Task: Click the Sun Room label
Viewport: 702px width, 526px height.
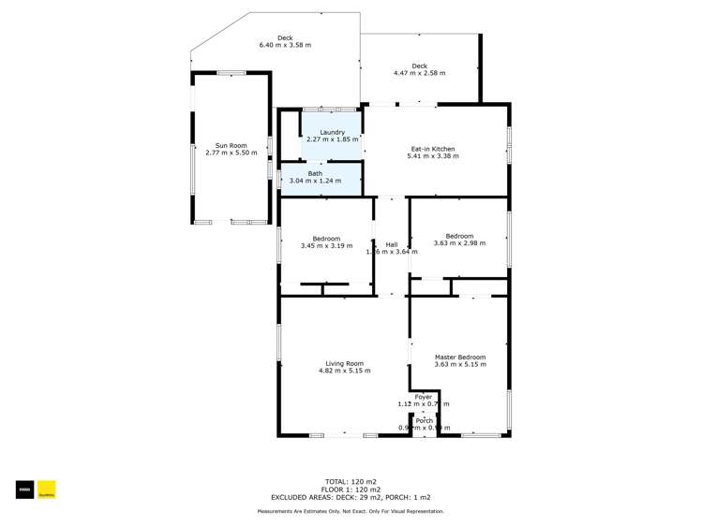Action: click(231, 145)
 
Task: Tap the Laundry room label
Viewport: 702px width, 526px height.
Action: click(332, 133)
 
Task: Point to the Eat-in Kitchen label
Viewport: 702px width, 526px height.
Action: click(433, 149)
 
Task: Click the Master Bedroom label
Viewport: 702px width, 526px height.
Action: click(459, 357)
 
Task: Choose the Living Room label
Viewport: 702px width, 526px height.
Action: click(344, 363)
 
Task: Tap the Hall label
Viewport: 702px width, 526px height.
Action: click(392, 244)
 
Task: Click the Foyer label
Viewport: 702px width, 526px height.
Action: click(424, 397)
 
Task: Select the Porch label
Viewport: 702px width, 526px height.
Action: click(424, 420)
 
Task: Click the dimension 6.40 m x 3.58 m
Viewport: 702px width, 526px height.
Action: click(285, 45)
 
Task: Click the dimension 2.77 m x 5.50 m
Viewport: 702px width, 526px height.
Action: click(231, 153)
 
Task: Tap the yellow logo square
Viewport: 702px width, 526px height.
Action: click(47, 489)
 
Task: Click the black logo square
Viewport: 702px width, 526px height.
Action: click(23, 489)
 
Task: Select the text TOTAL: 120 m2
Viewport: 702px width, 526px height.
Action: click(351, 481)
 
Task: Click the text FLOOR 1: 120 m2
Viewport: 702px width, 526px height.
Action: click(351, 489)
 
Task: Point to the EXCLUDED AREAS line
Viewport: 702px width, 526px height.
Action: click(351, 498)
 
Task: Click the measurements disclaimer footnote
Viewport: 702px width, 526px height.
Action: click(351, 511)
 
